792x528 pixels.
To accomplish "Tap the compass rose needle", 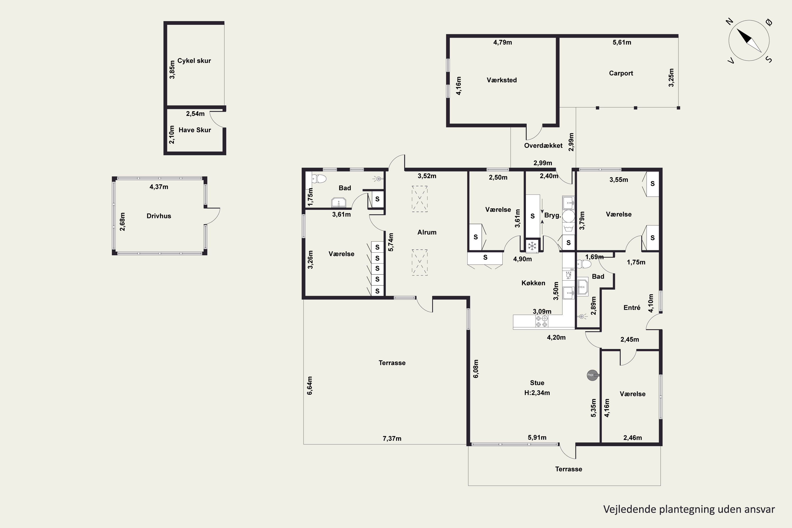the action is [x=749, y=40].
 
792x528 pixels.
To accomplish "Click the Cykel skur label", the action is [x=194, y=61].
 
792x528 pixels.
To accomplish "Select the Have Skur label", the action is [x=195, y=130].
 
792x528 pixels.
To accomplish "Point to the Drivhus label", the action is [x=159, y=216].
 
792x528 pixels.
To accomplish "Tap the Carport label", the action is [x=621, y=73].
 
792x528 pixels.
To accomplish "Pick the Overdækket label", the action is [x=543, y=146].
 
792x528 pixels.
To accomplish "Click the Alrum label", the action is [x=427, y=232].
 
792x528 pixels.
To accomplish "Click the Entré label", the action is [x=632, y=308].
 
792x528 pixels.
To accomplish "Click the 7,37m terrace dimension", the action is [x=392, y=439].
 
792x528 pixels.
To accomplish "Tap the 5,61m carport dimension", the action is [x=622, y=43].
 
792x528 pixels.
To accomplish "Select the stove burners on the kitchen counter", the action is [x=541, y=322].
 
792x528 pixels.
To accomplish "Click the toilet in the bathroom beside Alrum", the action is [x=318, y=178].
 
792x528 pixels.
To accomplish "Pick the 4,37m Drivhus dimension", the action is [x=159, y=187].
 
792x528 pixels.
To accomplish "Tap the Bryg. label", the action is [x=552, y=215].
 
